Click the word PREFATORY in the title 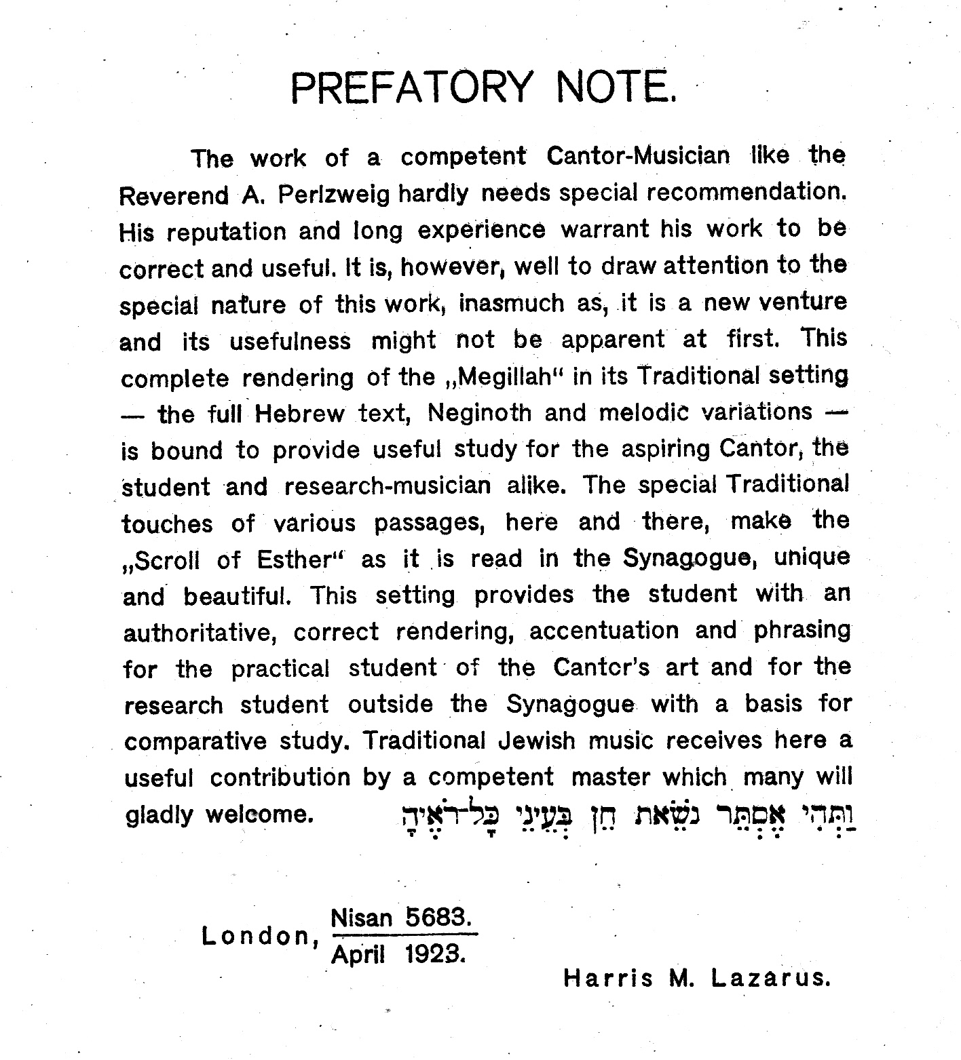(411, 88)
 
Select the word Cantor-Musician (638, 157)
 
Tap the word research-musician (388, 486)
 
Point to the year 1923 (435, 955)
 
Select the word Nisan (362, 918)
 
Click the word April (358, 955)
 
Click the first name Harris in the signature (609, 979)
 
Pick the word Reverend (174, 196)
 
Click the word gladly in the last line (159, 814)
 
